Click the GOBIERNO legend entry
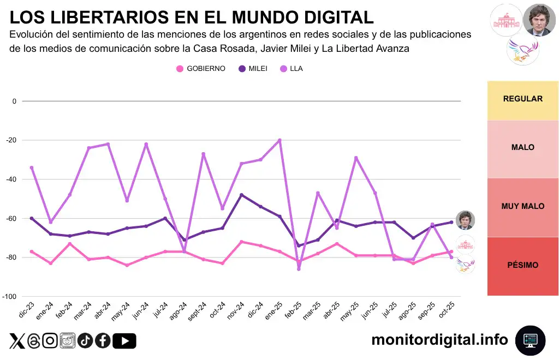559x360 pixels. [x=200, y=69]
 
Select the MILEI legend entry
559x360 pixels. [x=253, y=69]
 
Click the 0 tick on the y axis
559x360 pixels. [x=15, y=101]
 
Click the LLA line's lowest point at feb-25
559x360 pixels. [x=299, y=269]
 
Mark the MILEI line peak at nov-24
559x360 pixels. [x=241, y=195]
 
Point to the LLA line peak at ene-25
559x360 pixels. [x=279, y=140]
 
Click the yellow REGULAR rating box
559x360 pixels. [x=522, y=99]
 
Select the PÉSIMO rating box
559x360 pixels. [x=522, y=266]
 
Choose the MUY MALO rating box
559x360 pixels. [x=522, y=207]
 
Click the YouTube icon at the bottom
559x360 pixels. [x=126, y=341]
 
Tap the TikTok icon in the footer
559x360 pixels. [x=85, y=341]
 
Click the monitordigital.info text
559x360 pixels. [x=439, y=340]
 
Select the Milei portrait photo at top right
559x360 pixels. [x=539, y=20]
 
